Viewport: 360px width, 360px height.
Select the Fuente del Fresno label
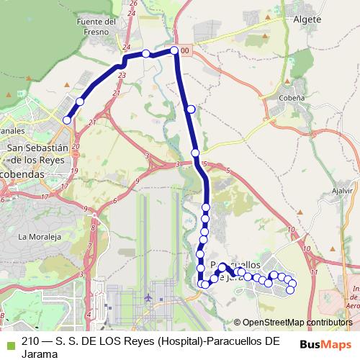pos(95,27)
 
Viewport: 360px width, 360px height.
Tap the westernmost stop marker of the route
pos(66,120)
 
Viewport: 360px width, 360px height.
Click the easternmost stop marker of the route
pos(291,290)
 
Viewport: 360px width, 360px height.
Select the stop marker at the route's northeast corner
pos(174,50)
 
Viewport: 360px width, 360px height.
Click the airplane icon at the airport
pos(148,297)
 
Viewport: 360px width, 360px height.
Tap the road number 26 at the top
pos(132,4)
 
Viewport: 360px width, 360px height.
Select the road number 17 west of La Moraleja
pos(44,196)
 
